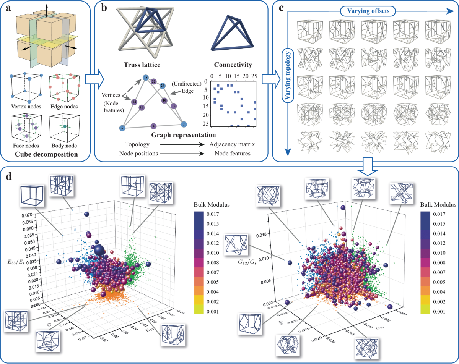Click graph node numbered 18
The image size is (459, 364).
145,78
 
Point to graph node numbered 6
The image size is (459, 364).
122,128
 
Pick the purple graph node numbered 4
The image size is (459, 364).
153,126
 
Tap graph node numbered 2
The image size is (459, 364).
184,124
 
